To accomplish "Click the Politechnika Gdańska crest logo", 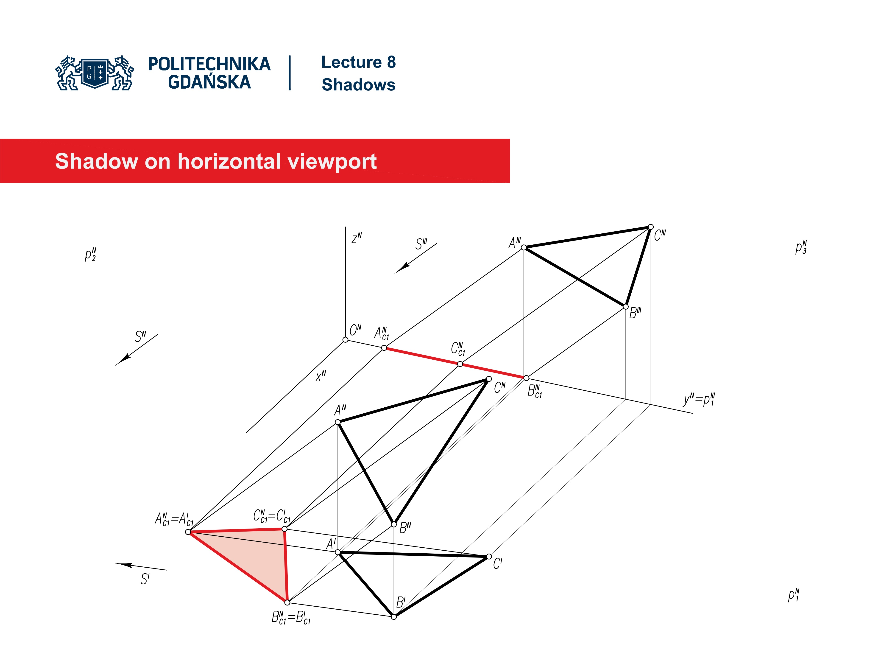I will [95, 73].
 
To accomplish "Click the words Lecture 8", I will [358, 62].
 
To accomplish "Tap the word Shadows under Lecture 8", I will [358, 85].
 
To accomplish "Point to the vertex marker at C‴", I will [650, 227].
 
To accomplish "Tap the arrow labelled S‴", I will [415, 259].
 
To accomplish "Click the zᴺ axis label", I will [357, 238].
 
